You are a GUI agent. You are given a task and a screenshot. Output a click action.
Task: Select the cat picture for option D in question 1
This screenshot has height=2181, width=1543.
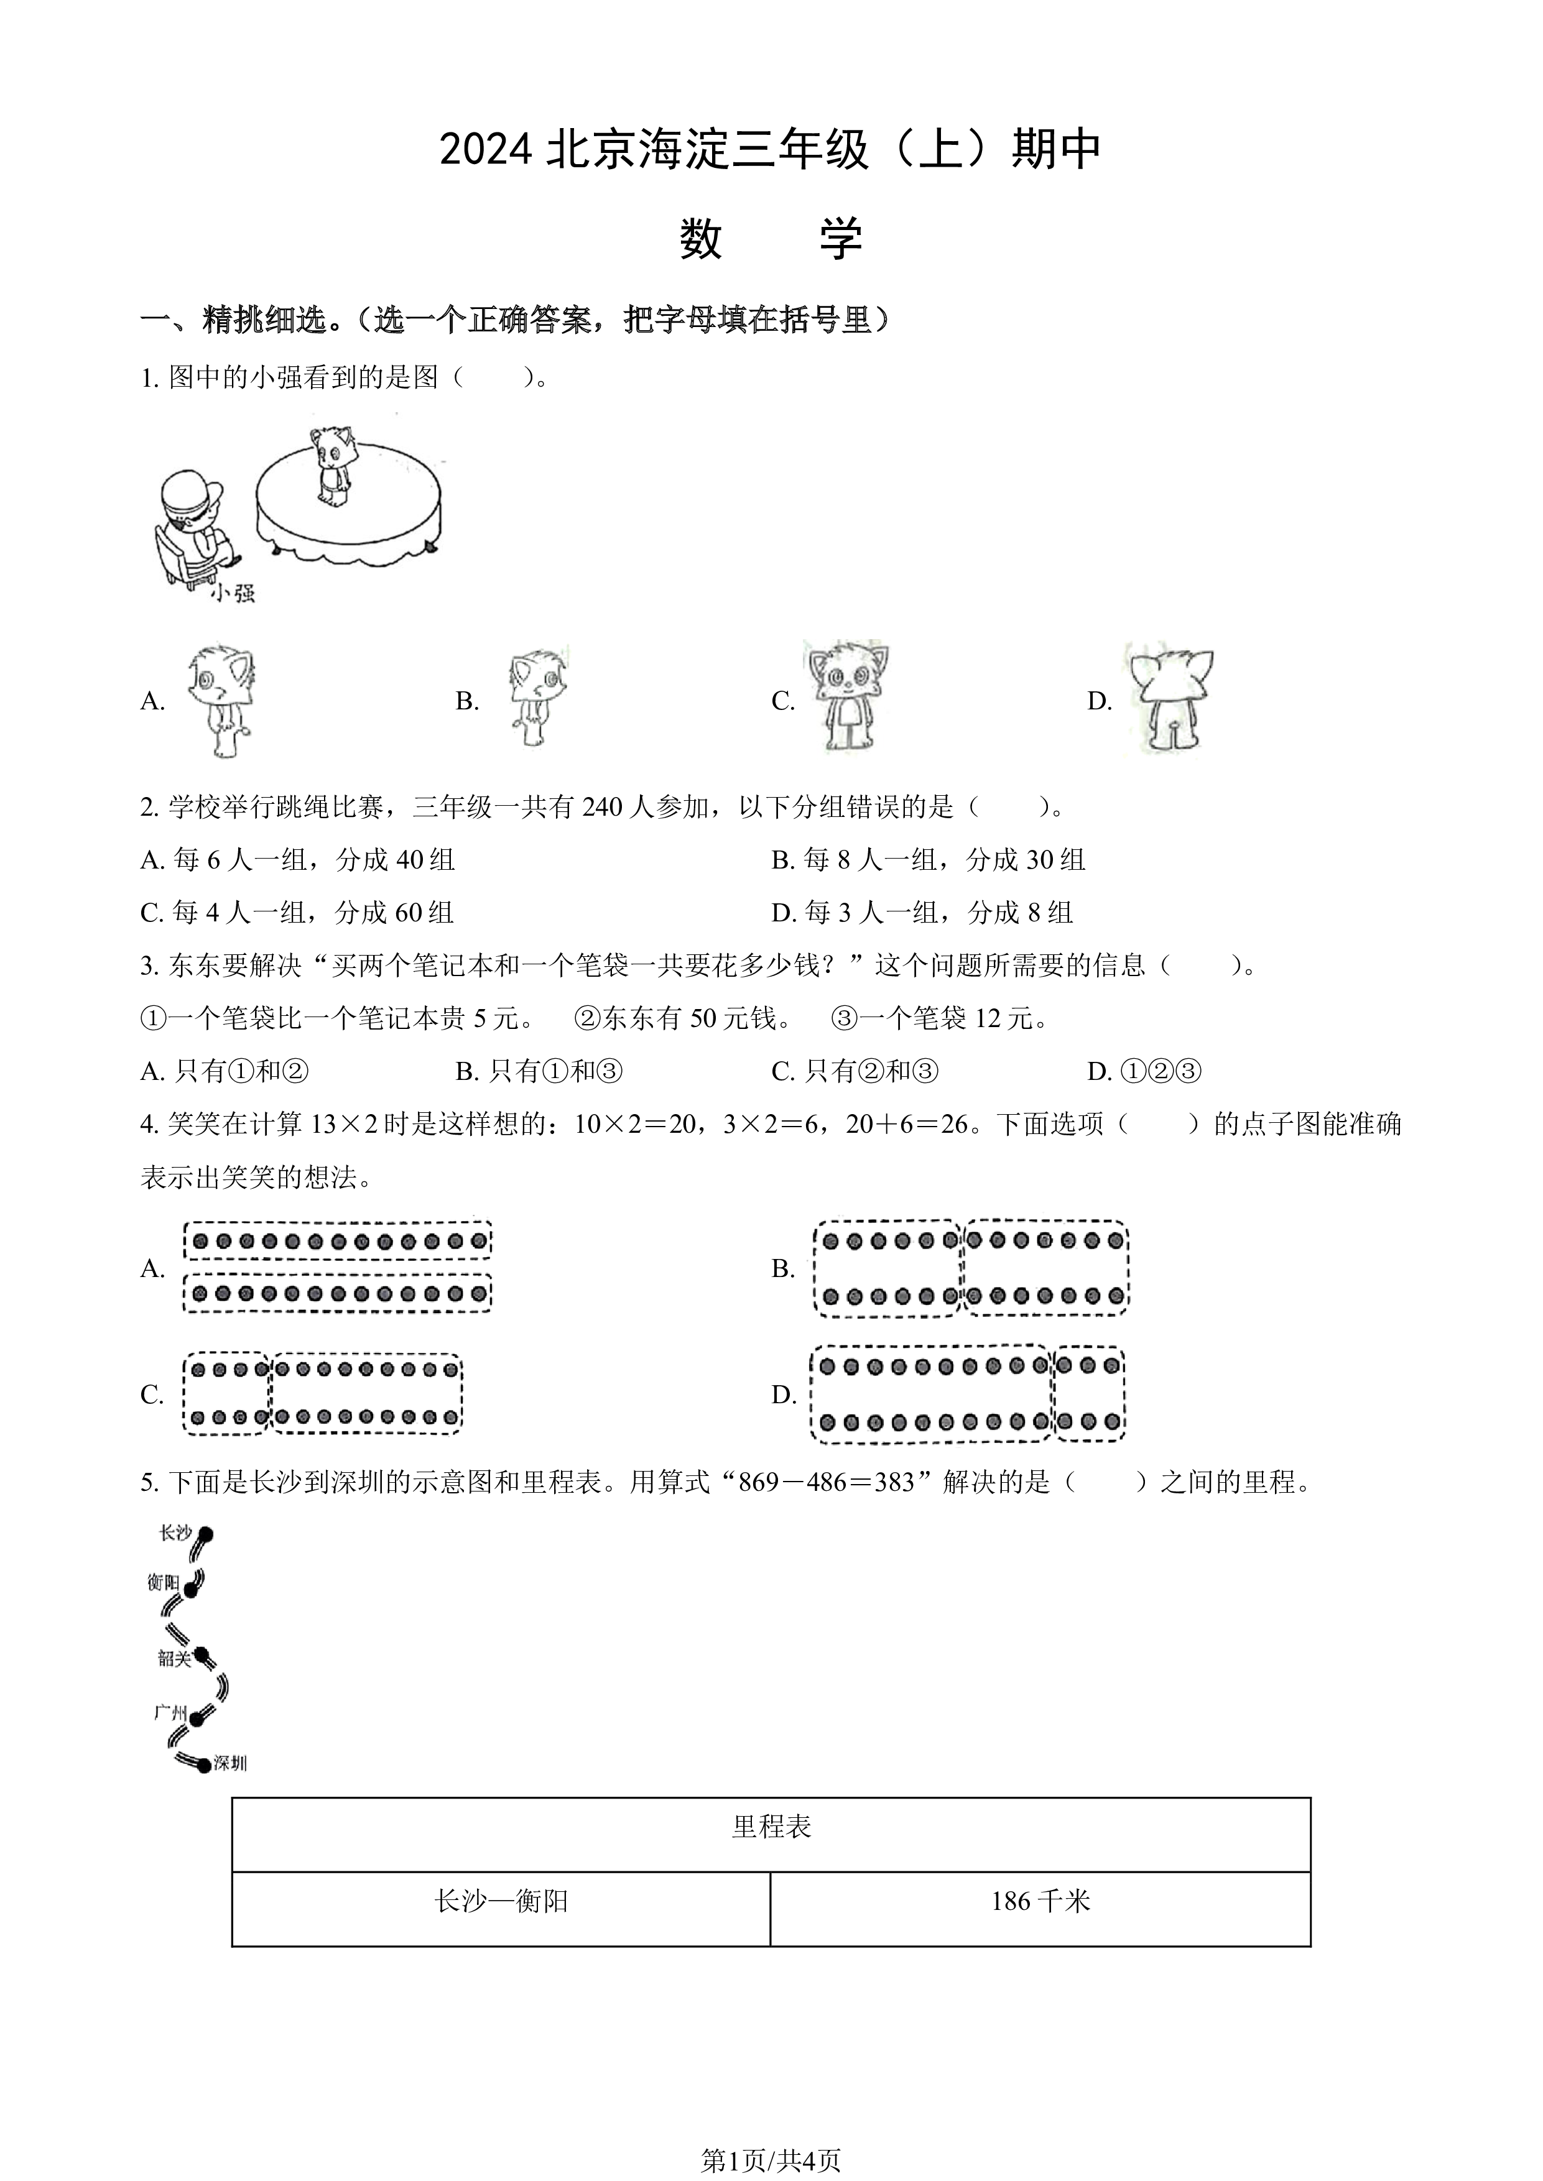pos(1170,700)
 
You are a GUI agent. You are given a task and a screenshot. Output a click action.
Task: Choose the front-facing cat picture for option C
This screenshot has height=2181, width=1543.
pos(846,697)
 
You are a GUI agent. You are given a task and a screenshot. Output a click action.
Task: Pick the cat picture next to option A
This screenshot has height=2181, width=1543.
pos(221,701)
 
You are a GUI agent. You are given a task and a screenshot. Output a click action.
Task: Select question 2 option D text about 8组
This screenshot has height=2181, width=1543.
pos(922,913)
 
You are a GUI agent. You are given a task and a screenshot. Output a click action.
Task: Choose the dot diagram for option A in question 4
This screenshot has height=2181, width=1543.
pos(337,1267)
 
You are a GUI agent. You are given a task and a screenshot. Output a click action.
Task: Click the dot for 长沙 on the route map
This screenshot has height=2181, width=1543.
pos(206,1534)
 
